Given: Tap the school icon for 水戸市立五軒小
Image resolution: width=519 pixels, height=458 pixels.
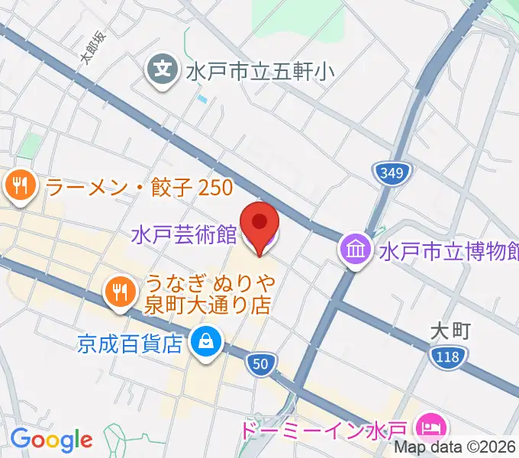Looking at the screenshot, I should pos(163,71).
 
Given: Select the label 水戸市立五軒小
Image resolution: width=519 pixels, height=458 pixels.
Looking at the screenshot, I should pos(259,73).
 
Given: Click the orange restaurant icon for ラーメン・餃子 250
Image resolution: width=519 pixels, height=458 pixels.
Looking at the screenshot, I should pos(19,185).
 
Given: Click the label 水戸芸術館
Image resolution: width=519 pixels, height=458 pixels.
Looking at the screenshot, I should pos(184,234).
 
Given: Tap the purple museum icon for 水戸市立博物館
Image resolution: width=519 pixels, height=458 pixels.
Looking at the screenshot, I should pos(356,250).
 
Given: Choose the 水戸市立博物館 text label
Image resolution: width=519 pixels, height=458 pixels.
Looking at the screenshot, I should pos(449,250).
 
